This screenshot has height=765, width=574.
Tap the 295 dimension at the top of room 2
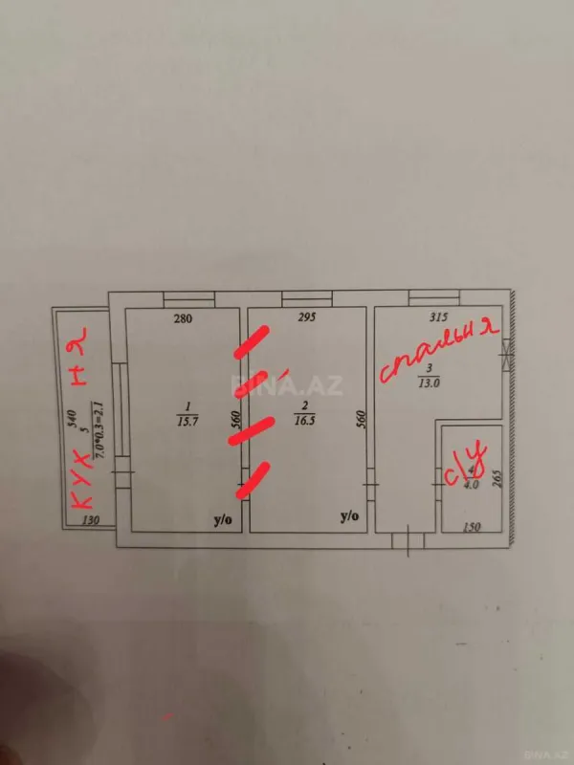click(x=307, y=319)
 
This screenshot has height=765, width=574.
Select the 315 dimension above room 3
click(x=439, y=319)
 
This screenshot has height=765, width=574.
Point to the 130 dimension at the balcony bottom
click(x=91, y=521)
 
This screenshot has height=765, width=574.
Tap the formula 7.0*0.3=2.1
click(x=96, y=421)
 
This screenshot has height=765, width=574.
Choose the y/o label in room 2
click(x=350, y=517)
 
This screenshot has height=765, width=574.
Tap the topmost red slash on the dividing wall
click(x=252, y=341)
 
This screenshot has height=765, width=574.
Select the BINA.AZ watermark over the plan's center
click(x=273, y=386)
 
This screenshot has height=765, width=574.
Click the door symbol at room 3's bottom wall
click(x=408, y=541)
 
